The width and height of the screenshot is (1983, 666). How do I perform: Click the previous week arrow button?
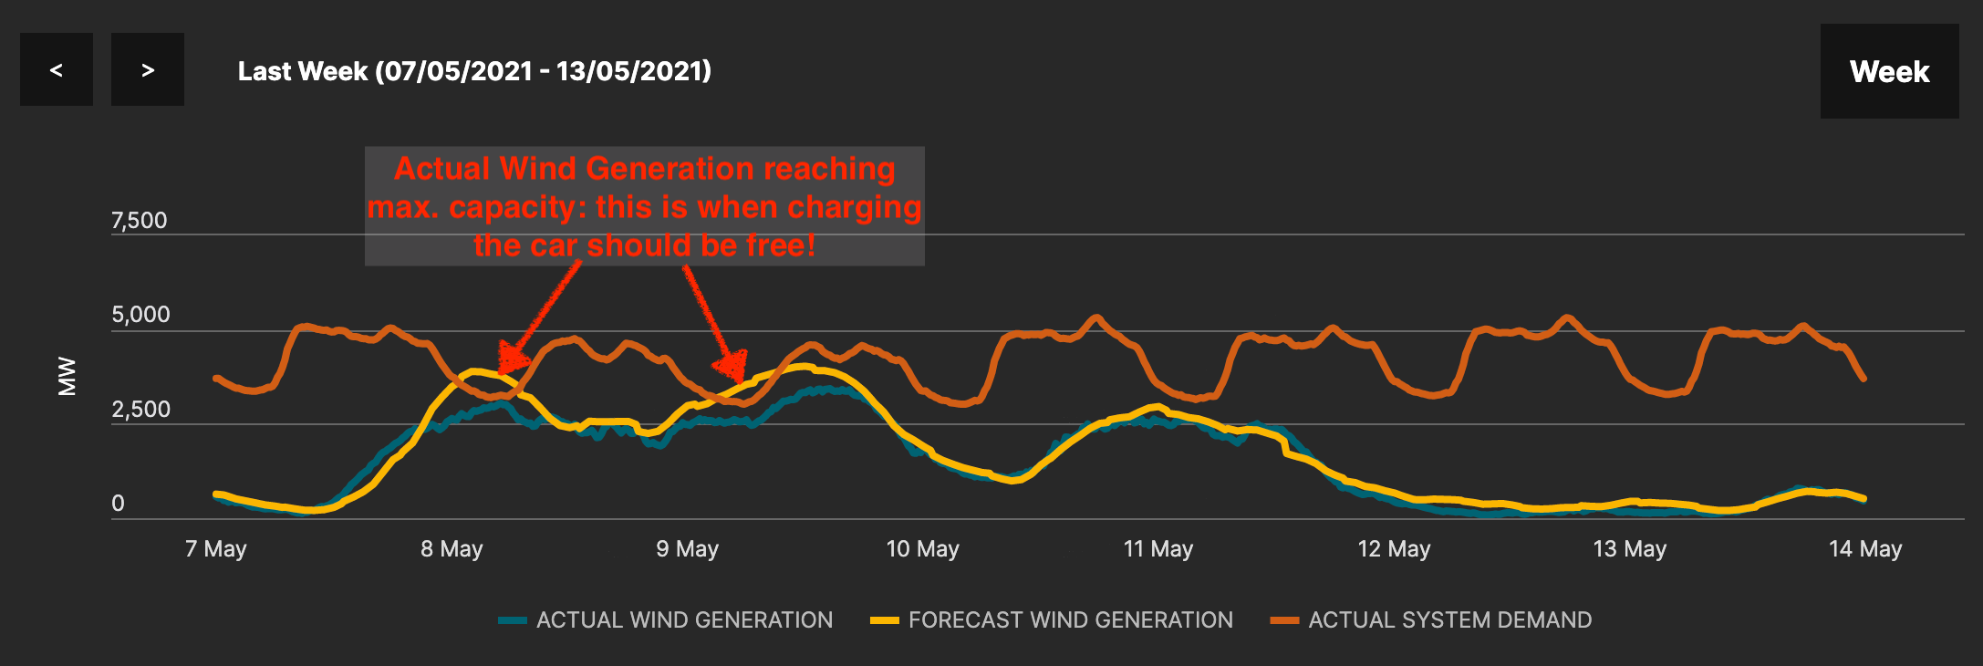57,69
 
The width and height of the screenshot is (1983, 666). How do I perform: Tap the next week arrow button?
148,69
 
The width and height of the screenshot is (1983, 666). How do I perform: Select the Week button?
1889,71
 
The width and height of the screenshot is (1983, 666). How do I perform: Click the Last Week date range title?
474,71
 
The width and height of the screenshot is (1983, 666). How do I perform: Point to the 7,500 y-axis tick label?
139,221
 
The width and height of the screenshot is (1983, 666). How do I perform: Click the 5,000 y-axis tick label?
140,315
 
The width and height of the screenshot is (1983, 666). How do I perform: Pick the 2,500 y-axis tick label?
140,410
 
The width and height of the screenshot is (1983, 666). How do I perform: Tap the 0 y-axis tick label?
118,504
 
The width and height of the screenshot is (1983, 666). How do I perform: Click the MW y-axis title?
67,376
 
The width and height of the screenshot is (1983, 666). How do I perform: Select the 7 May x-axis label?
216,549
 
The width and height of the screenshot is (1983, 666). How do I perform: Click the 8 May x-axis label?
452,549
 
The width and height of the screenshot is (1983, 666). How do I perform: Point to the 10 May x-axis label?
922,549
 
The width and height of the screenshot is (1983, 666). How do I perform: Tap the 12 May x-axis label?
1394,549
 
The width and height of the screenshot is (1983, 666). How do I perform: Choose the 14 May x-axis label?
1865,549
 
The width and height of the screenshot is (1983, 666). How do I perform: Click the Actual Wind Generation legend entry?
666,620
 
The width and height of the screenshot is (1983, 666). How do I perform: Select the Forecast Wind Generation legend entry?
1052,620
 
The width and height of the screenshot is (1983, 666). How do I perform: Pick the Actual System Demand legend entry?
1431,620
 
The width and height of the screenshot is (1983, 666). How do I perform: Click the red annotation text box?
645,206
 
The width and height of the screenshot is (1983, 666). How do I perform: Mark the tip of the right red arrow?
741,379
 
